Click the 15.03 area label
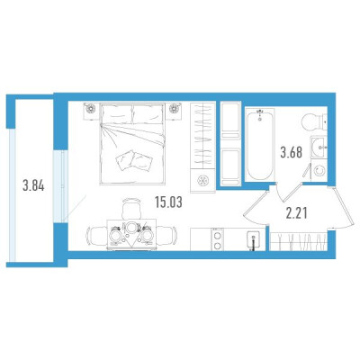(x=168, y=202)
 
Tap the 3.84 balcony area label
(x=33, y=186)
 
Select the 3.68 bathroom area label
(x=291, y=152)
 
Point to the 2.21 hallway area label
(x=296, y=213)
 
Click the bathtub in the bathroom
(x=260, y=145)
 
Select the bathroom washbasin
(x=319, y=147)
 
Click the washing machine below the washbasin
(x=319, y=171)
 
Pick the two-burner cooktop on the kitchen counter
(x=218, y=239)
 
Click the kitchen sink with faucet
(x=254, y=240)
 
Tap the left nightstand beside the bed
(x=91, y=111)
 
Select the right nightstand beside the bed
(x=174, y=111)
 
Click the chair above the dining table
(x=131, y=209)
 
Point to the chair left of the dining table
(x=96, y=236)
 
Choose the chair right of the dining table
(x=166, y=236)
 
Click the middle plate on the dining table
(x=131, y=228)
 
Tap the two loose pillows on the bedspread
(x=134, y=160)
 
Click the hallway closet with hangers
(x=298, y=241)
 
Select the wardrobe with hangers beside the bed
(x=202, y=135)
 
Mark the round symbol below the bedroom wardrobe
(x=202, y=181)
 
